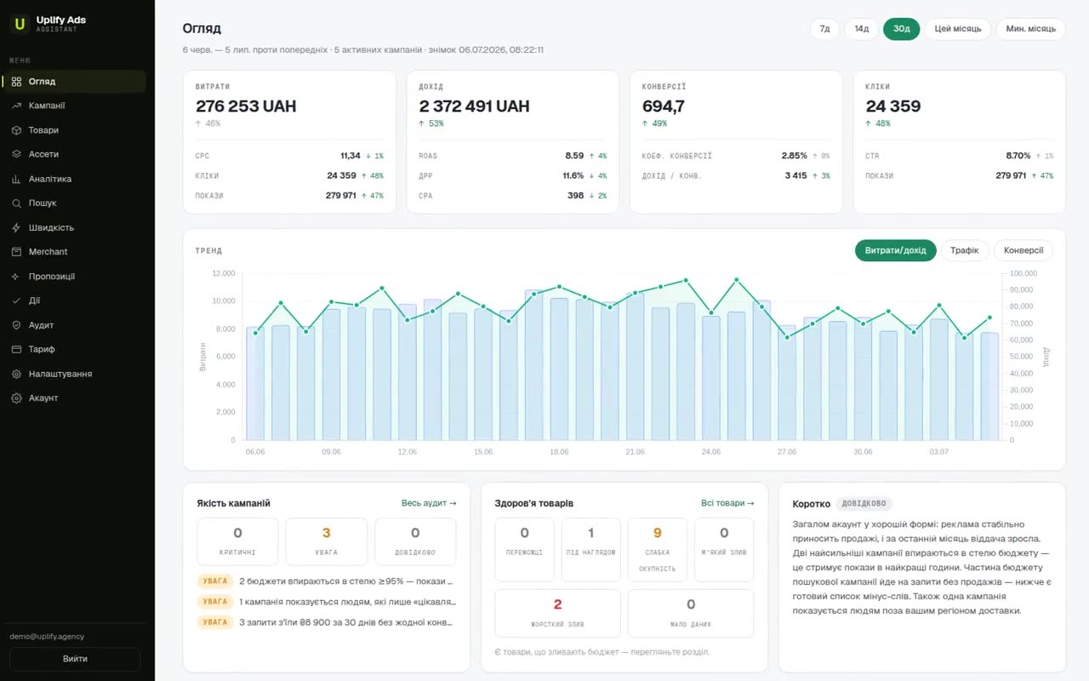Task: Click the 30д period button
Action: pyautogui.click(x=901, y=29)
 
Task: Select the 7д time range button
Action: pyautogui.click(x=824, y=29)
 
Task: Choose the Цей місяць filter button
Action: pyautogui.click(x=957, y=29)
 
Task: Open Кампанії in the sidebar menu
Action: pyautogui.click(x=46, y=106)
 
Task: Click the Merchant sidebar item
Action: pyautogui.click(x=48, y=251)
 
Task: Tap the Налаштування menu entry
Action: pyautogui.click(x=60, y=374)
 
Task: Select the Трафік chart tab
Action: pyautogui.click(x=964, y=250)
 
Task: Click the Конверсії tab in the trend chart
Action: pyautogui.click(x=1023, y=250)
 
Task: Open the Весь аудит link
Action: pyautogui.click(x=429, y=503)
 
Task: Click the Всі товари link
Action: pyautogui.click(x=727, y=503)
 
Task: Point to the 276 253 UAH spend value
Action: pyautogui.click(x=246, y=106)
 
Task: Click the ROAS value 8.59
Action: pyautogui.click(x=574, y=156)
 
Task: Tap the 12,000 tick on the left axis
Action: pyautogui.click(x=223, y=273)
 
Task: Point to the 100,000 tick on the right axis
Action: pyautogui.click(x=1023, y=273)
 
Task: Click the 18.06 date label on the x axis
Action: pyautogui.click(x=559, y=452)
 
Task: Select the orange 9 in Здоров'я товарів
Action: pyautogui.click(x=658, y=533)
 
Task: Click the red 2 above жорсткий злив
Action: pyautogui.click(x=557, y=604)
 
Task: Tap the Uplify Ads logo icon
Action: pyautogui.click(x=20, y=23)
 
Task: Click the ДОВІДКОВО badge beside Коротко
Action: pyautogui.click(x=864, y=503)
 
